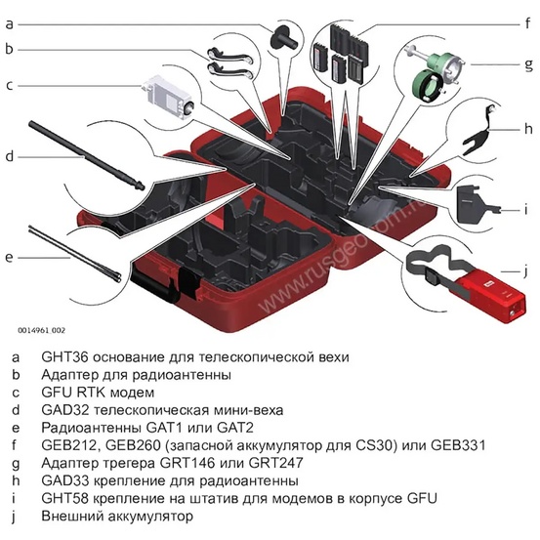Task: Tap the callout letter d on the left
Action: tap(9, 154)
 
